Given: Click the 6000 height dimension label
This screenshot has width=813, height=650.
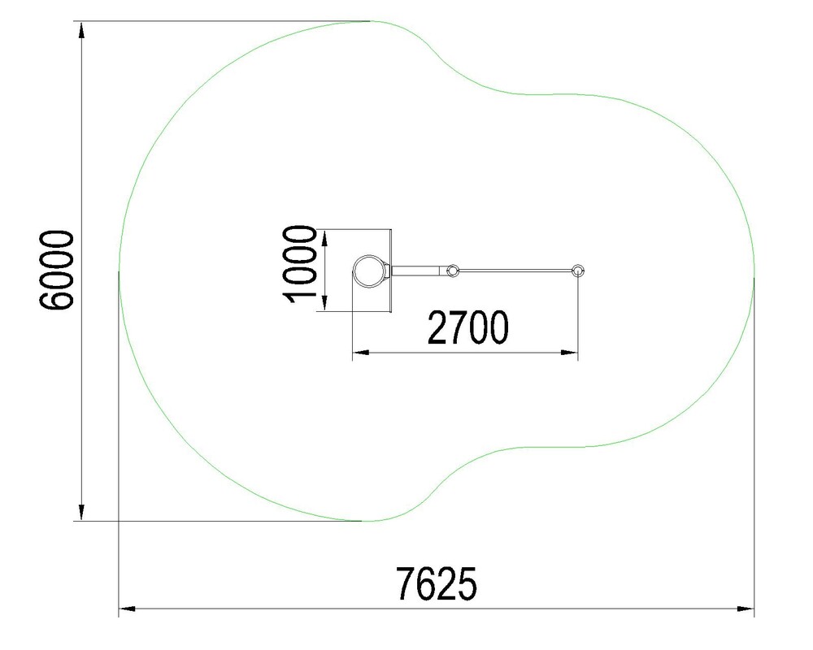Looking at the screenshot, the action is pos(56,270).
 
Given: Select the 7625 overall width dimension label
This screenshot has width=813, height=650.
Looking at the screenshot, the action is pos(436,583).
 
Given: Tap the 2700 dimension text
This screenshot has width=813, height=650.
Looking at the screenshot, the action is pos(467,327).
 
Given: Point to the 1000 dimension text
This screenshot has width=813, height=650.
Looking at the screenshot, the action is pos(299,264).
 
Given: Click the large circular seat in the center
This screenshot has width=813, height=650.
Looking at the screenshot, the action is pos(369,271).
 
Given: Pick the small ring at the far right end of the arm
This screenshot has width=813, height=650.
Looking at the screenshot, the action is pos(577,271).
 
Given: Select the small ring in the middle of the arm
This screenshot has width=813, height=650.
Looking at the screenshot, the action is pos(453,271).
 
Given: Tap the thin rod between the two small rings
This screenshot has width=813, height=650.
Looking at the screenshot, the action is pos(515,271).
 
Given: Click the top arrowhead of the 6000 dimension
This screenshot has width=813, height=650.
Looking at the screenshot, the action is pos(81,30).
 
